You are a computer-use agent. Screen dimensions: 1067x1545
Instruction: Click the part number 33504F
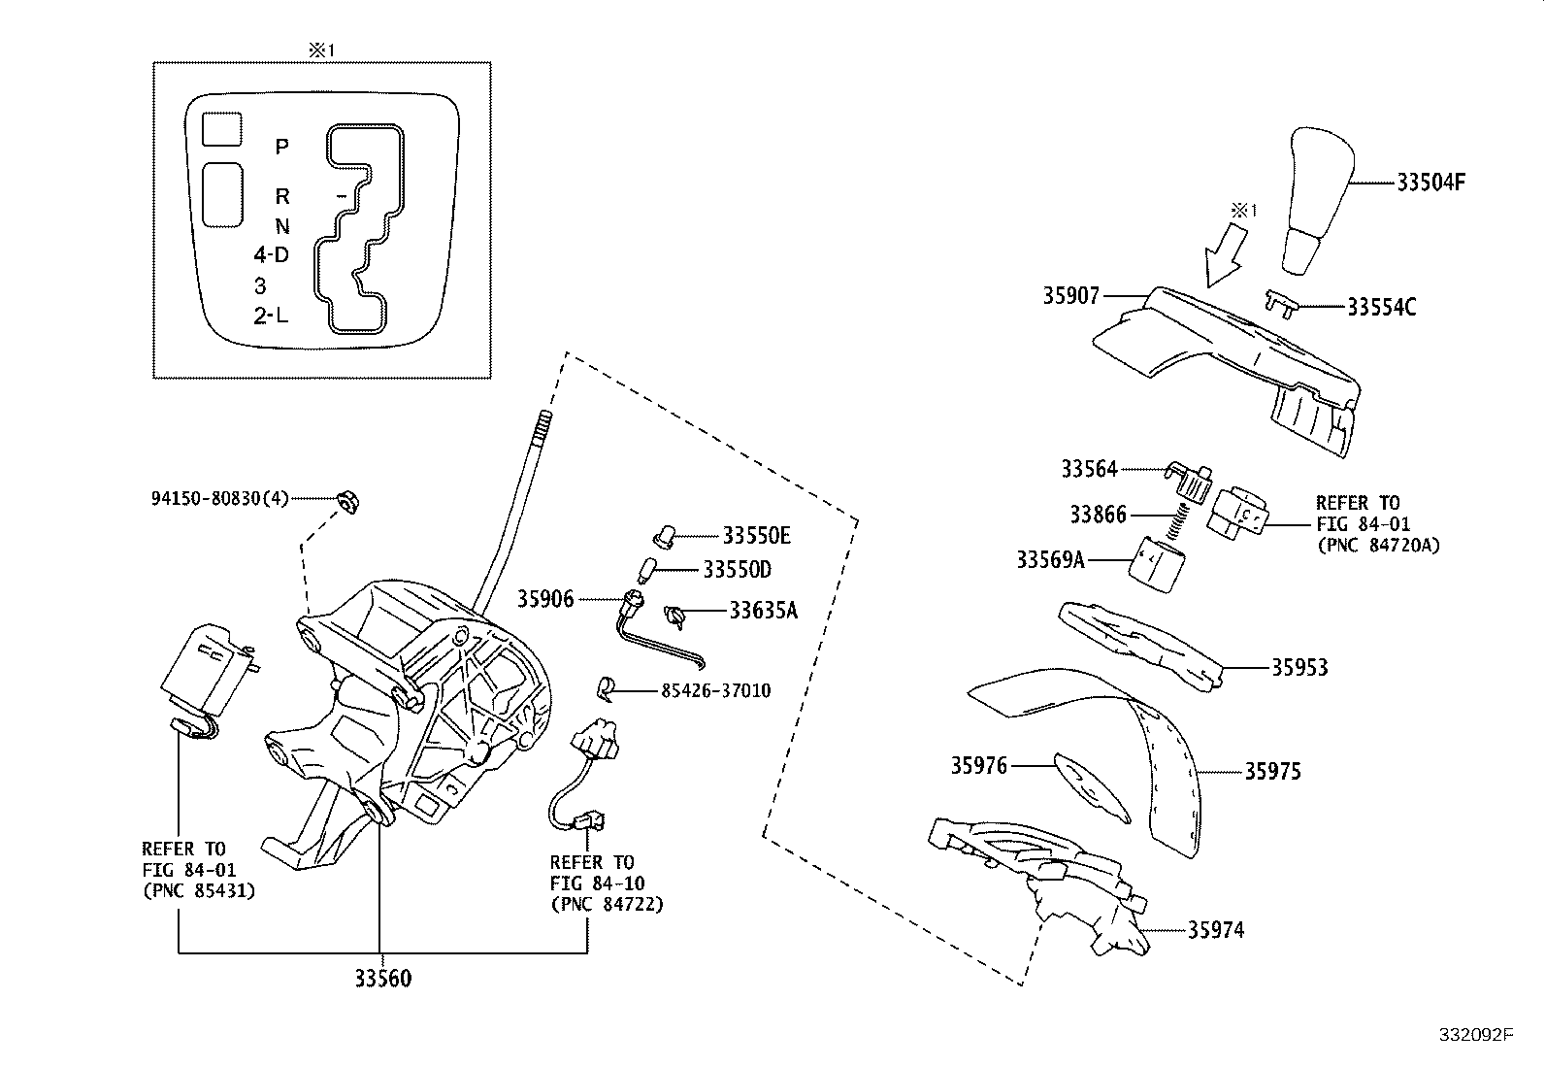coord(1431,182)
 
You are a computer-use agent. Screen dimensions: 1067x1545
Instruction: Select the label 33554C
coord(1381,307)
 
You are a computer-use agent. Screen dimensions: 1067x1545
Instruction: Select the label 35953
coord(1299,668)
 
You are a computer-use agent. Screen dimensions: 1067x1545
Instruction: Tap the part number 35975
coord(1273,772)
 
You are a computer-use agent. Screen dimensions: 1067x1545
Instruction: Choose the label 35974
coord(1216,930)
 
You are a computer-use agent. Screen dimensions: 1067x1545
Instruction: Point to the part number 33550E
coord(756,535)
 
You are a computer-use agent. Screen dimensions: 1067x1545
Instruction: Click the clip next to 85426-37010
coord(605,687)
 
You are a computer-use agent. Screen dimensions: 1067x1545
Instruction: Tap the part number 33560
coord(382,979)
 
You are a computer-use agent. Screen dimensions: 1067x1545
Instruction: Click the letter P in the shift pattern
coord(281,147)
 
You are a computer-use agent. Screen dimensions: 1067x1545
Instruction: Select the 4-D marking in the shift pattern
coord(272,255)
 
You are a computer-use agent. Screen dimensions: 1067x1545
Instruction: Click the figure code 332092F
coord(1475,1035)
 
